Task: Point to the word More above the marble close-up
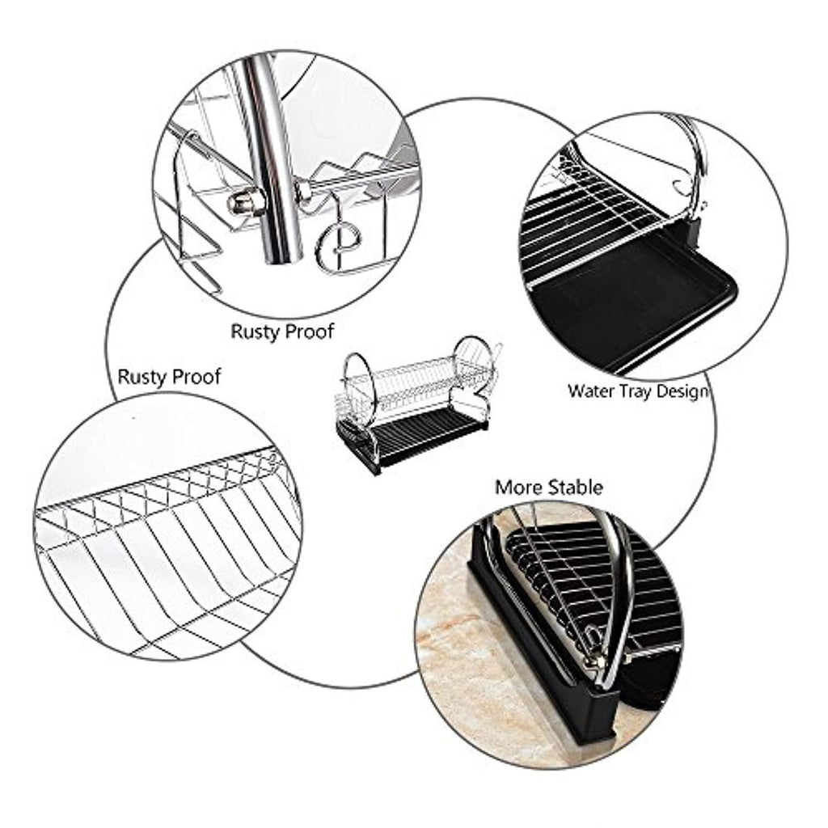[x=519, y=488]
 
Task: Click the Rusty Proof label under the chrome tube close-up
[x=282, y=332]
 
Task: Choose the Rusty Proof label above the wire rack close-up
[x=169, y=377]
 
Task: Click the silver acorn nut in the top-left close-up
[x=246, y=204]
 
